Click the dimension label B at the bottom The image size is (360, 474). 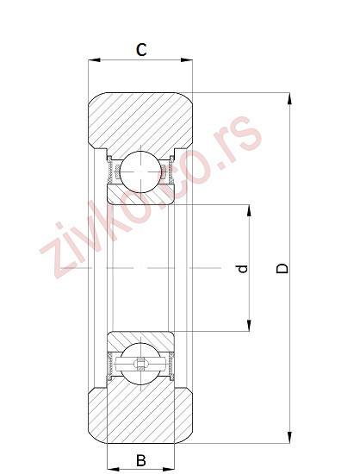coord(141,461)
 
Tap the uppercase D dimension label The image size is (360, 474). coord(282,268)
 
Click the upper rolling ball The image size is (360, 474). coord(139,170)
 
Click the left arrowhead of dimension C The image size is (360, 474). coord(94,61)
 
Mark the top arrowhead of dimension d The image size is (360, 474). coord(249,209)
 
